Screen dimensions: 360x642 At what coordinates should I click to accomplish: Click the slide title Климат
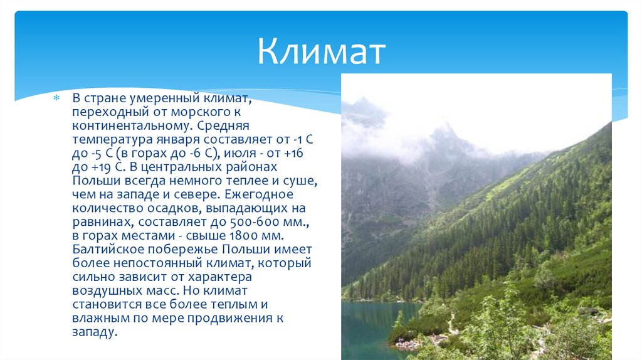coord(320,52)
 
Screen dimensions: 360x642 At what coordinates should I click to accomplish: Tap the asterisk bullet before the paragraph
coord(56,98)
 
